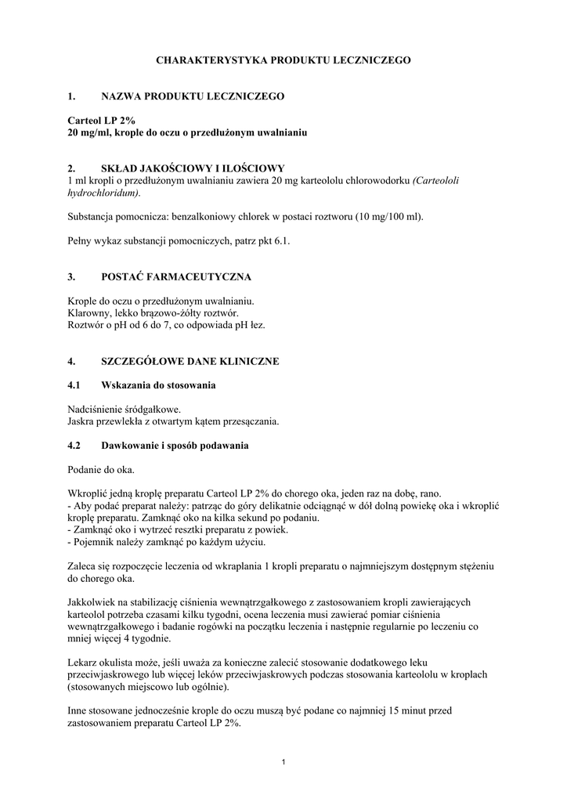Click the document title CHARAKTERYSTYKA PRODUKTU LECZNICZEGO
pyautogui.click(x=283, y=60)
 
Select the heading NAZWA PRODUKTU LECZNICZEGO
pyautogui.click(x=193, y=96)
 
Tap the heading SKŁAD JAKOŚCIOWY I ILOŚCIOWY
pyautogui.click(x=193, y=168)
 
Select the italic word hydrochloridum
pyautogui.click(x=103, y=193)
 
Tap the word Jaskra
pyautogui.click(x=81, y=422)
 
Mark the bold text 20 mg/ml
pyautogui.click(x=89, y=133)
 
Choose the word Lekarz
pyautogui.click(x=83, y=663)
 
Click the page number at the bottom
pyautogui.click(x=283, y=763)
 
